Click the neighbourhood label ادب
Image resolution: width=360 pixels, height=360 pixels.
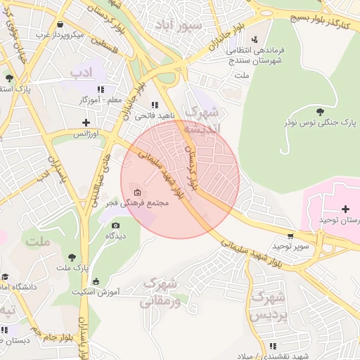coord(81,72)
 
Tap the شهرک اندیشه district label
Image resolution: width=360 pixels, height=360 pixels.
coord(201,120)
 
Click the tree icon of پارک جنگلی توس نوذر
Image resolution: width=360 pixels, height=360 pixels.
coord(321,111)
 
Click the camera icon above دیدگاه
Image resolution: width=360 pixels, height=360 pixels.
coord(116,225)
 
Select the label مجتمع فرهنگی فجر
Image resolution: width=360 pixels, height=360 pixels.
coord(147,203)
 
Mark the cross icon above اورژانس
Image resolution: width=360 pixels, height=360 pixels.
coord(86,122)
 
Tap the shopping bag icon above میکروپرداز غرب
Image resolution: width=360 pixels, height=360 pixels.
coord(62,24)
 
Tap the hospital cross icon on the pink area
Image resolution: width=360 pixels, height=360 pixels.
coord(345,209)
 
